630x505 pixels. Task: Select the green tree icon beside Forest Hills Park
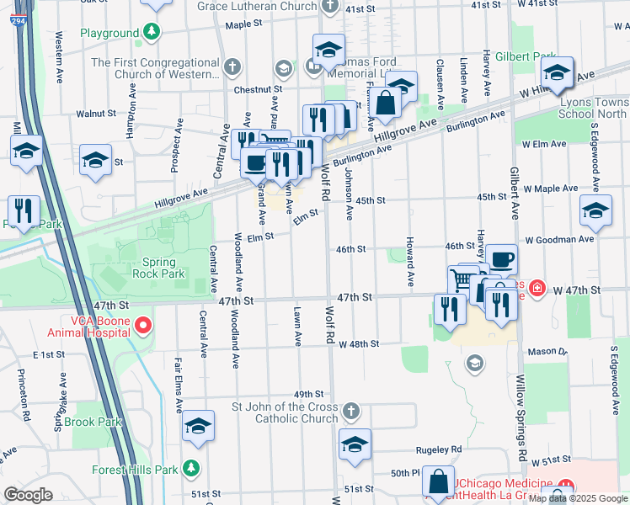[193, 467]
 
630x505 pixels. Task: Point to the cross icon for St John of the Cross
[352, 412]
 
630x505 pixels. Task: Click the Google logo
[28, 494]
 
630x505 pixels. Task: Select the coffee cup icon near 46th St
[501, 259]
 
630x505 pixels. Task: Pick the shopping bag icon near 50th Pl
[438, 483]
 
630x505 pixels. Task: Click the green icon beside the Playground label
[151, 33]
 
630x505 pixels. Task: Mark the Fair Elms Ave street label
[179, 385]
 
